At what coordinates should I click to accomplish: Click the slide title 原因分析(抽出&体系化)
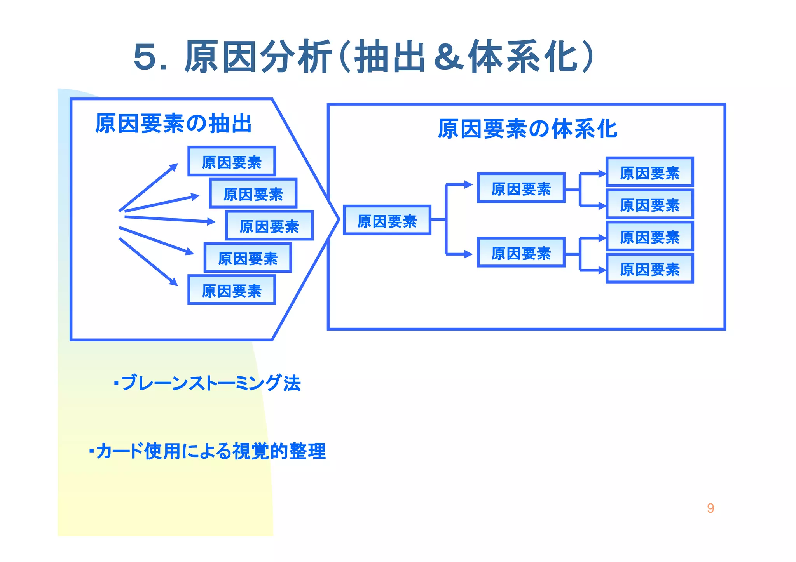(x=363, y=57)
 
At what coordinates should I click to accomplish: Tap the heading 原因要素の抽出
(x=173, y=124)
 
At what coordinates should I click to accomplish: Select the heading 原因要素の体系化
(x=527, y=129)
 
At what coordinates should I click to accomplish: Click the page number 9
(x=710, y=508)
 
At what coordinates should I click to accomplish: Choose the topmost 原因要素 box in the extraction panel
(x=232, y=162)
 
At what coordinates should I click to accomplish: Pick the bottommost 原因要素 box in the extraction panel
(x=232, y=290)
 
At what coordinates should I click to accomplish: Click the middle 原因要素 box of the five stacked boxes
(x=269, y=226)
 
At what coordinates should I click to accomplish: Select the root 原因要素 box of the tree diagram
(x=387, y=221)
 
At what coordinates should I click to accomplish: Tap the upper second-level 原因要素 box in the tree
(x=521, y=188)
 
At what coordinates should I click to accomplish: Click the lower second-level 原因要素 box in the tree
(x=521, y=253)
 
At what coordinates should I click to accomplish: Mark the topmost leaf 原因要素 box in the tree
(x=649, y=172)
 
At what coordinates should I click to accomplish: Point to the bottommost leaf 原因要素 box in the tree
(x=649, y=269)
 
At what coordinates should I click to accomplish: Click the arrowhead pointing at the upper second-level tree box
(x=469, y=184)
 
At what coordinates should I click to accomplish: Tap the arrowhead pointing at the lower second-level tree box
(x=469, y=254)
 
